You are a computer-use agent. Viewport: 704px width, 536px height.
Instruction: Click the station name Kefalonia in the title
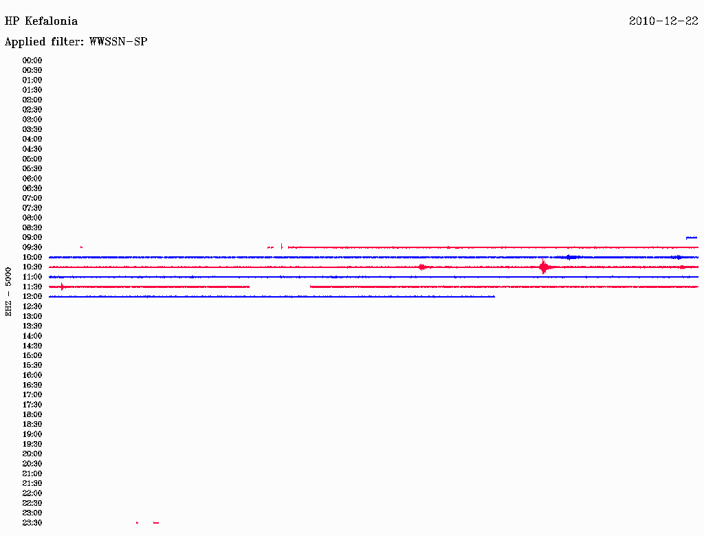coord(51,21)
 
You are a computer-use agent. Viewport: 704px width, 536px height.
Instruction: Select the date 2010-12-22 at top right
coord(663,21)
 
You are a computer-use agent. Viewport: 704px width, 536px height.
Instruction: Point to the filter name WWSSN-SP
coord(118,42)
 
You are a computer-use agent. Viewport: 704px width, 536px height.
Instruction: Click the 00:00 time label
coord(32,60)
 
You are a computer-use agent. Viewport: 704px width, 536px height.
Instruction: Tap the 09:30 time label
coord(32,247)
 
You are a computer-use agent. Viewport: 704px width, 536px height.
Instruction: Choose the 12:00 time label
coord(32,297)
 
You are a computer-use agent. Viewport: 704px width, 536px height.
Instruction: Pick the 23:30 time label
coord(32,523)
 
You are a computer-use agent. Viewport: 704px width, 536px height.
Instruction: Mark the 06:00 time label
coord(32,179)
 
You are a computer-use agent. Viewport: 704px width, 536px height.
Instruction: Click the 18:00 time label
coord(32,415)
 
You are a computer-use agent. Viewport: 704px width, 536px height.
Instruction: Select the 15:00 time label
coord(32,355)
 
